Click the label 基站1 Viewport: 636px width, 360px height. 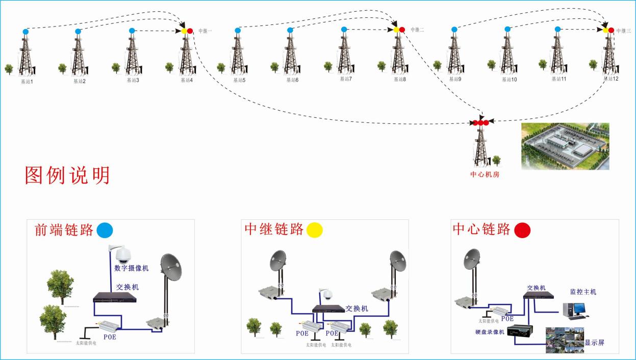27,82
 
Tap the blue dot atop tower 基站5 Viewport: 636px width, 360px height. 238,31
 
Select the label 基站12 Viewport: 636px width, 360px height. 610,79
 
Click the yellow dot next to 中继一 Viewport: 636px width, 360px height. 184,31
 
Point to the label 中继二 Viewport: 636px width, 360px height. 417,30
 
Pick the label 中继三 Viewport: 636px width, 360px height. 623,31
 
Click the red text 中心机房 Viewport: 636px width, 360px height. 485,174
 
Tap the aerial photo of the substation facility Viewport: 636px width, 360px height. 565,146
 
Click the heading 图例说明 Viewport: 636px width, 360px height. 67,175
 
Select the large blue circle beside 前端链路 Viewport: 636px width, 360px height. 105,230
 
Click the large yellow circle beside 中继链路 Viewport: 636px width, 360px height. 315,230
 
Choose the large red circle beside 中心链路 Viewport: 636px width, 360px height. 522,230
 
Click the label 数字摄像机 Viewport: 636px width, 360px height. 131,268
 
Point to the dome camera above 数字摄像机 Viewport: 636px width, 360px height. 121,253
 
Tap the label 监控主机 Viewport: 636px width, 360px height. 583,292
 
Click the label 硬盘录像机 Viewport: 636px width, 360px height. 489,332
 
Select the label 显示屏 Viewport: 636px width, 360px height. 594,343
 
